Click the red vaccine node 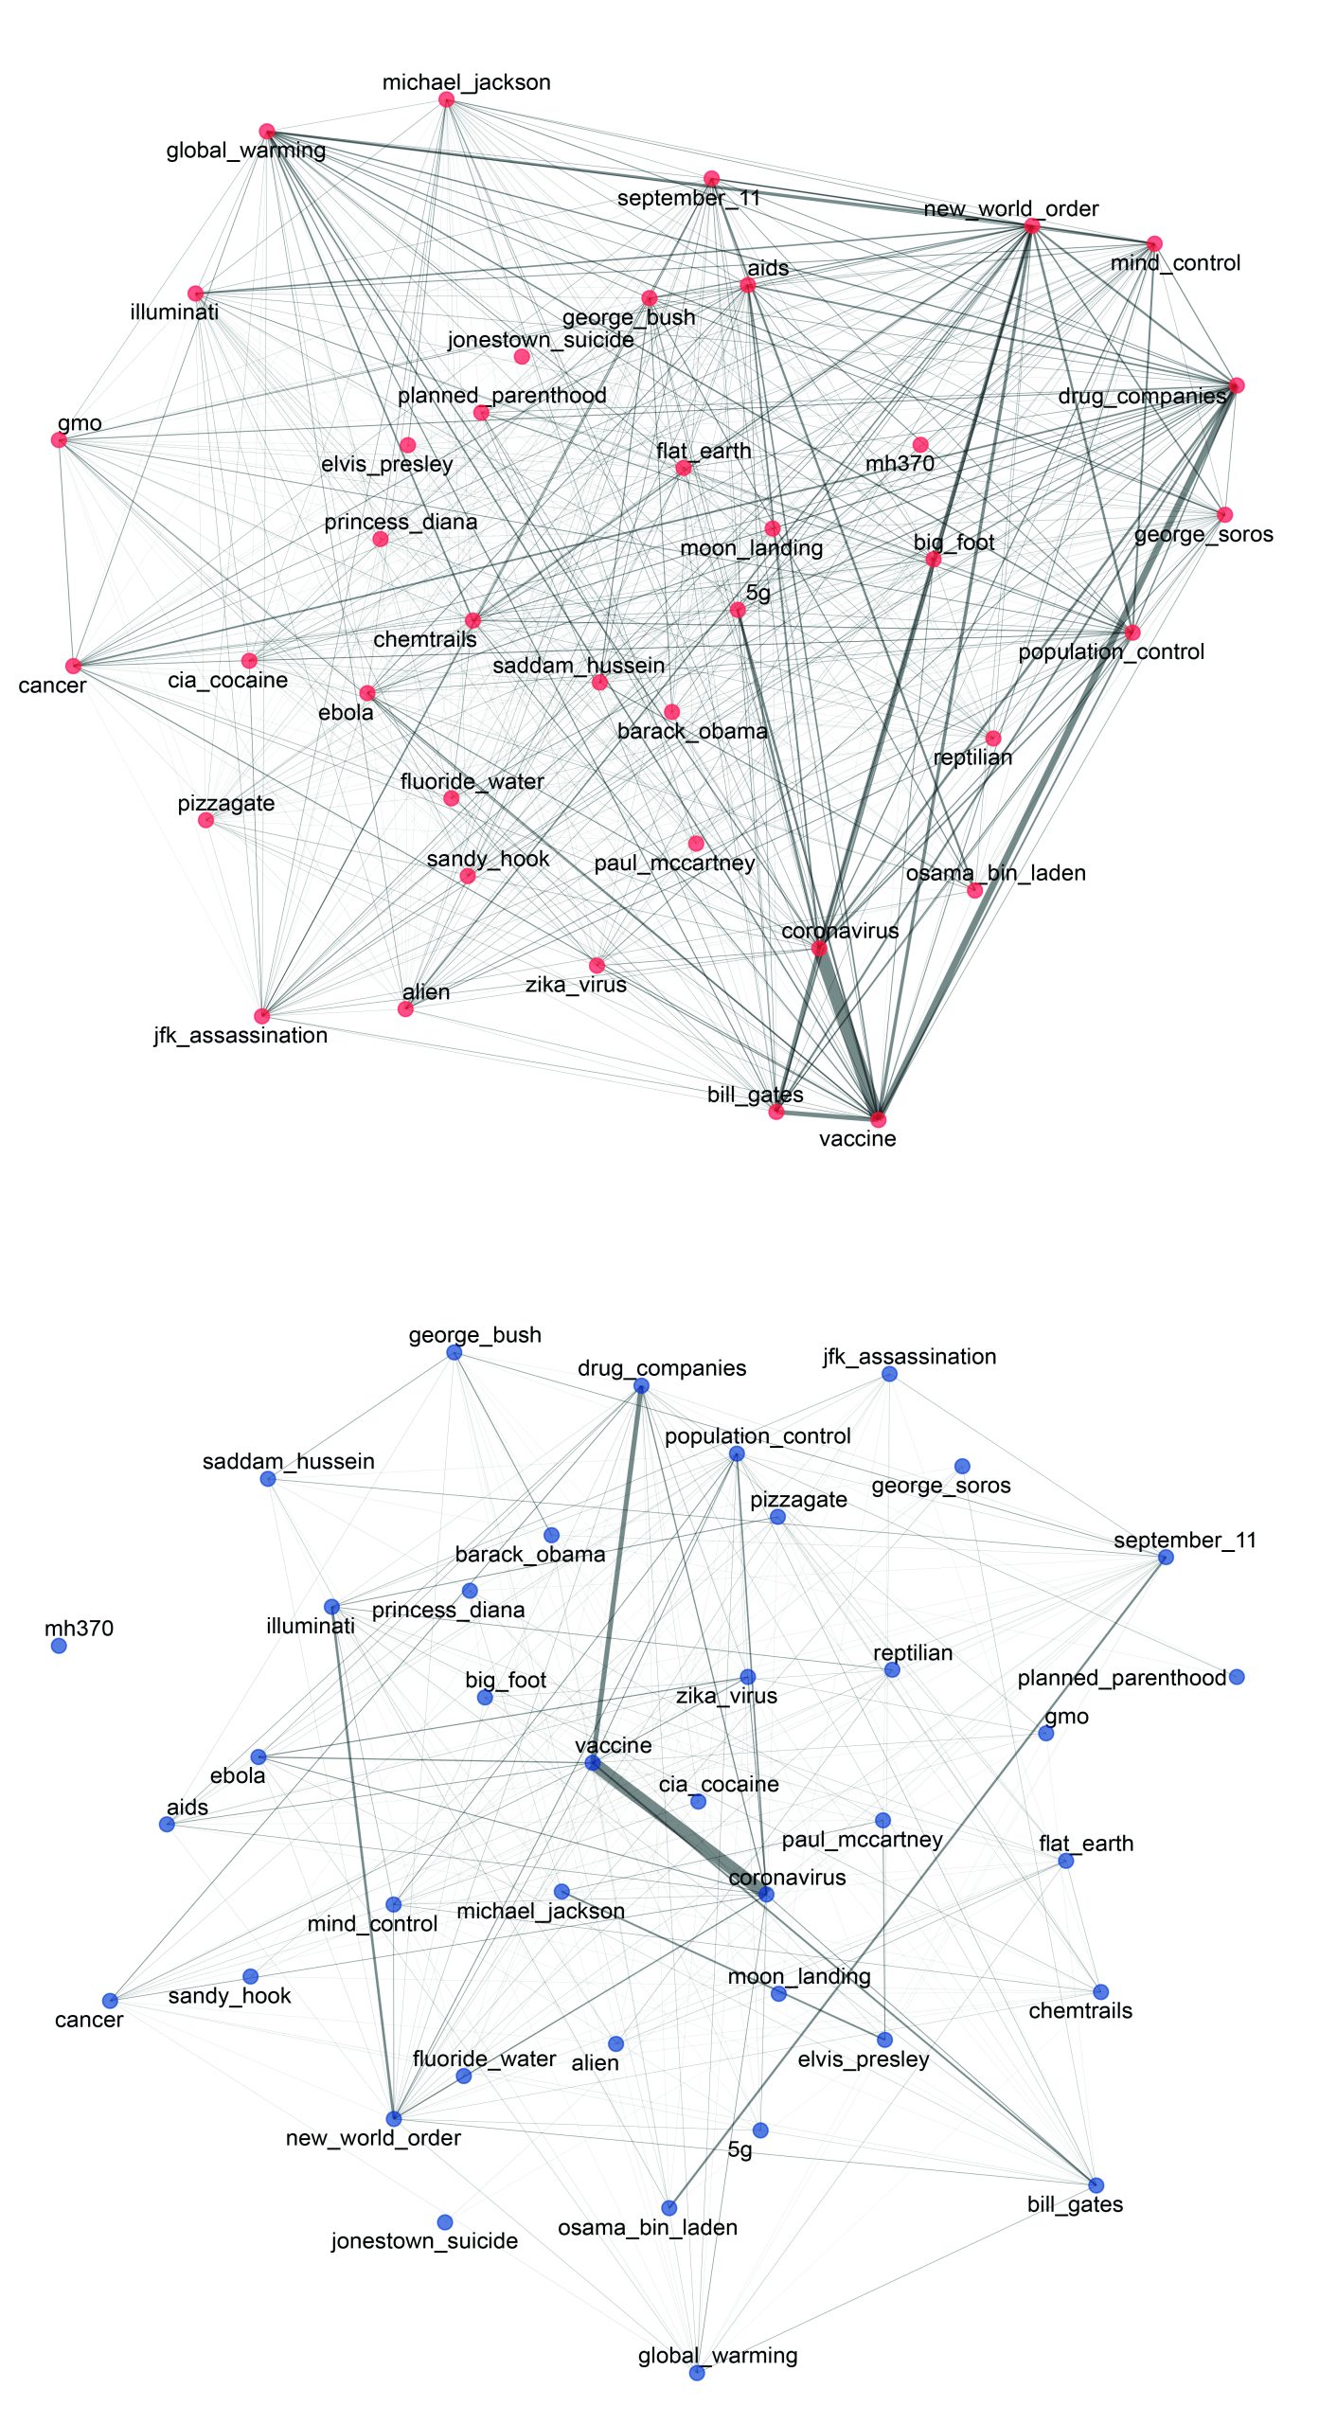point(879,1119)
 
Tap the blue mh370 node point(59,1646)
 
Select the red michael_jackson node point(446,100)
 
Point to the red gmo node point(59,439)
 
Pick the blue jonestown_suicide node point(445,2221)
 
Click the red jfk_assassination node point(262,1016)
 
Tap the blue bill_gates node point(1096,2184)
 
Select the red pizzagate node point(206,820)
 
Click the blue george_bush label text point(474,1335)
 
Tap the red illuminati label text point(174,312)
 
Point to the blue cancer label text point(89,2020)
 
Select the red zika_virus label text point(576,985)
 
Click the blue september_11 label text point(1185,1541)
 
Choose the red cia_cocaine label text point(227,680)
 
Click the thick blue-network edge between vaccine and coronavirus point(678,1827)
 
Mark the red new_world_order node point(1031,226)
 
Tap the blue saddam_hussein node point(268,1478)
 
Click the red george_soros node point(1224,515)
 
